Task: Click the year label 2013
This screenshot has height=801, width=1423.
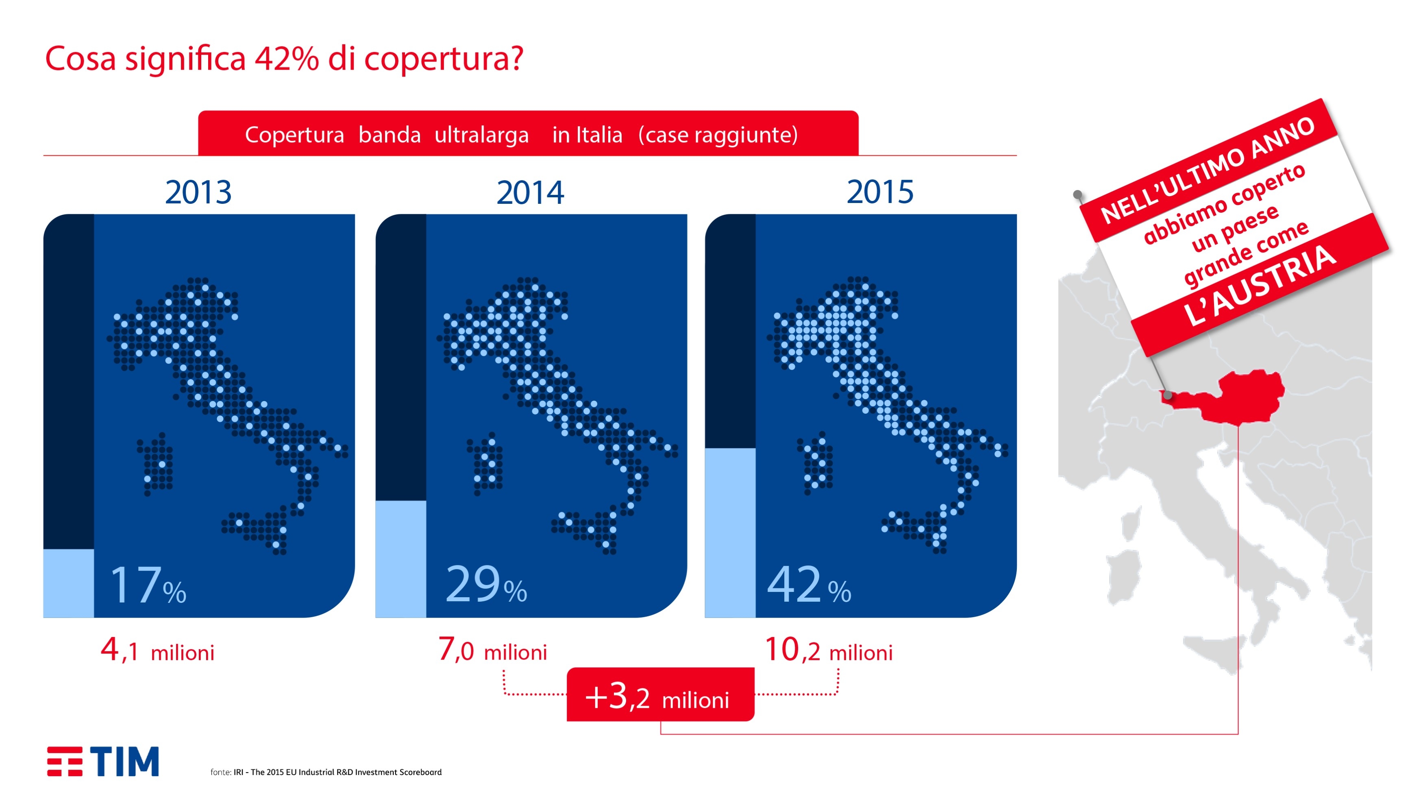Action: point(198,192)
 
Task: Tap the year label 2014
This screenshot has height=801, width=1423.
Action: point(530,192)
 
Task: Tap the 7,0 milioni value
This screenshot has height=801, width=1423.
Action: point(492,650)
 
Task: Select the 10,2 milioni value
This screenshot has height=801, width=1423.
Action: point(829,650)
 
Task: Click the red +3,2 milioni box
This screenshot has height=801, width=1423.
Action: point(661,694)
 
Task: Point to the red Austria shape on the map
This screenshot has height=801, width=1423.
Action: point(1232,397)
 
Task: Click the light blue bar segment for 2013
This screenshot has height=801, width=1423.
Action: point(68,583)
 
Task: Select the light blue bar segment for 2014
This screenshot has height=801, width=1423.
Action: point(401,559)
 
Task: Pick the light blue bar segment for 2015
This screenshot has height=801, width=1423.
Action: point(730,533)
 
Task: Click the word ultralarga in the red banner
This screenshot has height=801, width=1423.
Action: point(482,135)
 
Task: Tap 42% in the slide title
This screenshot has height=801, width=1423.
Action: point(287,59)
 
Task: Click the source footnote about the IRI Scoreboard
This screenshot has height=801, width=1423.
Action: point(326,772)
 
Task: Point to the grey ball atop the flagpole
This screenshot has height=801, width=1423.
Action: point(1077,194)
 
